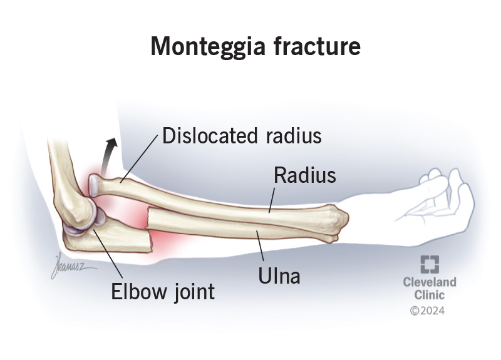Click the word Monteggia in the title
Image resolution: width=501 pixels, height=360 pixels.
click(208, 47)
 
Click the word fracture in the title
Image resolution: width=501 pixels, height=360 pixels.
click(317, 46)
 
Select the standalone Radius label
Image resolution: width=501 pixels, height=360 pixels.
click(305, 175)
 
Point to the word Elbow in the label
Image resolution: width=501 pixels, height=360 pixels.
click(138, 291)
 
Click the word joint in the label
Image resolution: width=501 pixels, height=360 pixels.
click(194, 292)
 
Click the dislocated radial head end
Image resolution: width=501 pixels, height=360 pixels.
click(95, 185)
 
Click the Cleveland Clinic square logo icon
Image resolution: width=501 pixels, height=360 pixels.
click(430, 264)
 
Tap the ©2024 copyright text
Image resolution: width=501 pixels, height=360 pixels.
click(427, 311)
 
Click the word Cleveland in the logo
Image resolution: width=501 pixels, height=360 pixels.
click(430, 282)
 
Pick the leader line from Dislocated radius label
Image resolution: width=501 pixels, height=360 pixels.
click(139, 158)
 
